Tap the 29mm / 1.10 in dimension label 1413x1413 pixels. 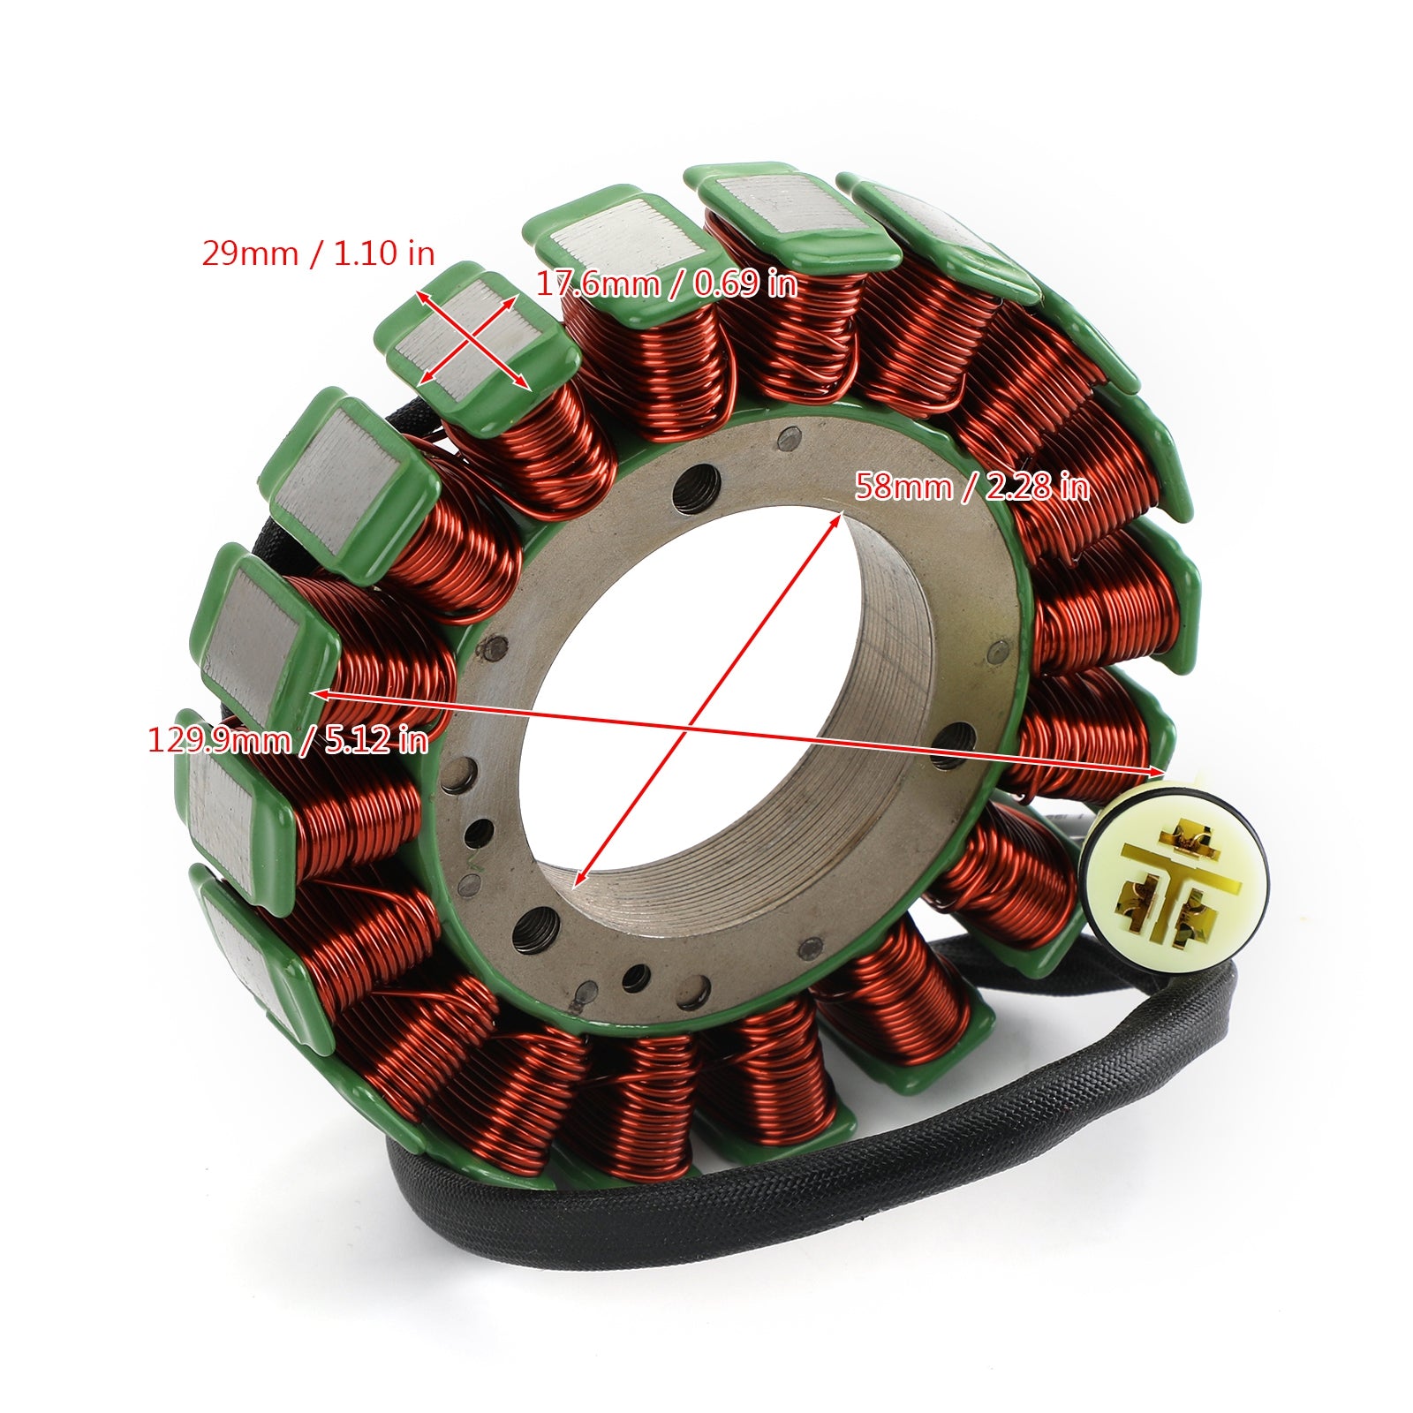point(319,253)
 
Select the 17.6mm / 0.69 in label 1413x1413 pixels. point(667,283)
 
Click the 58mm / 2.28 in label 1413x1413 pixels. point(971,487)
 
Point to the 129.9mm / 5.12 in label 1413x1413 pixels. point(288,738)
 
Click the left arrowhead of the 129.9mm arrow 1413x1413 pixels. point(322,695)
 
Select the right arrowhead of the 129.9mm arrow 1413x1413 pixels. point(1157,771)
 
